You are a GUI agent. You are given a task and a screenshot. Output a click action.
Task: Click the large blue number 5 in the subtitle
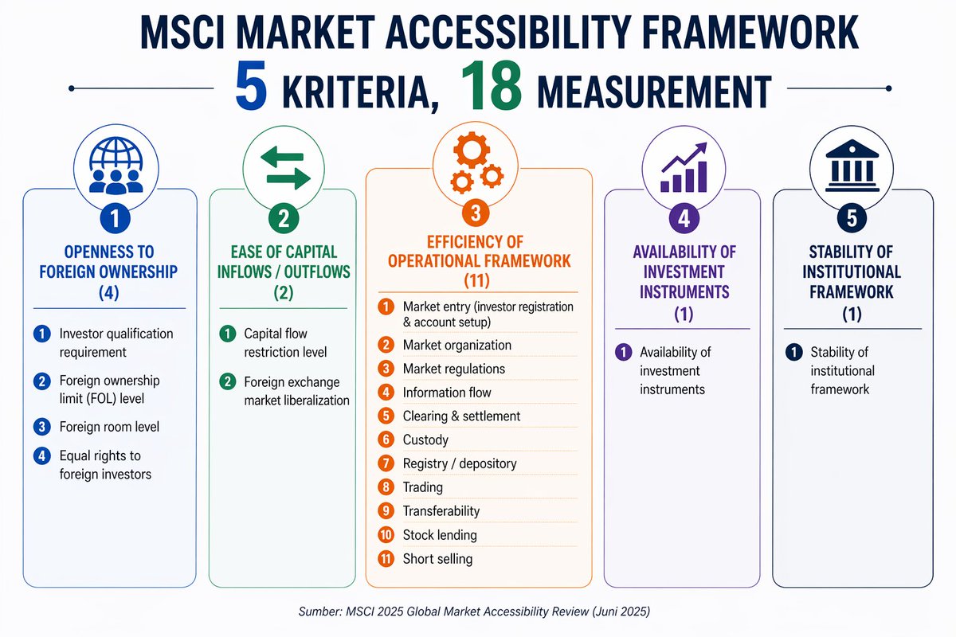(x=251, y=90)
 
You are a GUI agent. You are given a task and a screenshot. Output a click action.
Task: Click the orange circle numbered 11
(x=386, y=558)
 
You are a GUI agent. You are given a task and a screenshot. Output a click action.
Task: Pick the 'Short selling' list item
(x=437, y=559)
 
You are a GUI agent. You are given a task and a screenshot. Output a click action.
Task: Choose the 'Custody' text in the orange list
(x=425, y=440)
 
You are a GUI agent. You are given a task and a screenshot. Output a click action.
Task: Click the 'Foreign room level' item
(x=109, y=427)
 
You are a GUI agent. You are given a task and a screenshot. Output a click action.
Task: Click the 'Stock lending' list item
(x=440, y=535)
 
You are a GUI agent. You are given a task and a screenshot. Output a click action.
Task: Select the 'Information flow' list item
(x=447, y=392)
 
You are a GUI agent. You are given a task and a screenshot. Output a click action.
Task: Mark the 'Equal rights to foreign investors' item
(x=105, y=465)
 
